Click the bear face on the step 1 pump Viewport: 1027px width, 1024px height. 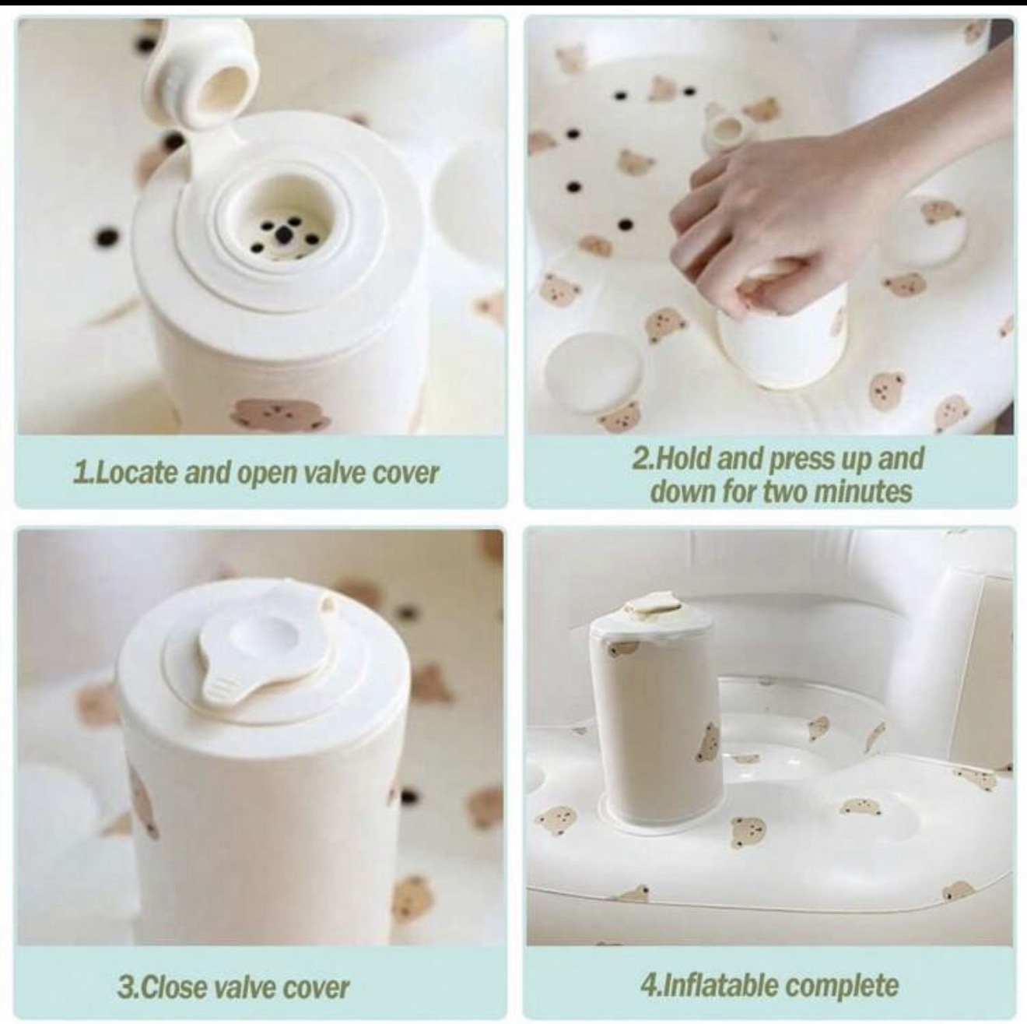tap(275, 413)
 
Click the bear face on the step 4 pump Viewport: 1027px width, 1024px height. tap(709, 742)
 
